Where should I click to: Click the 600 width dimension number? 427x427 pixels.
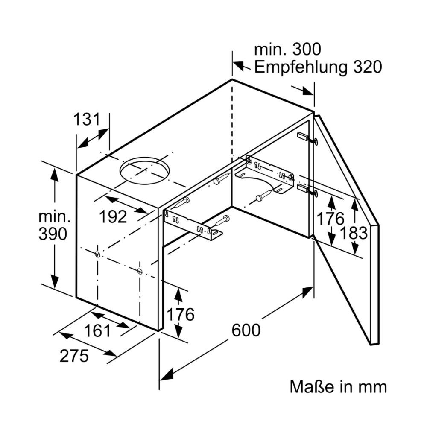[246, 330]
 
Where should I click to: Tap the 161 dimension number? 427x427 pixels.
[98, 330]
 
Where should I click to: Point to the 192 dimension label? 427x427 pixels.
[113, 217]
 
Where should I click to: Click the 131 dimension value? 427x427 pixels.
[86, 120]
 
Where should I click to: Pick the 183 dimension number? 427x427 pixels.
[354, 233]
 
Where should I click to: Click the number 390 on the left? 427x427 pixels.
[53, 234]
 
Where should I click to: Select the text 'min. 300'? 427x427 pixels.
[287, 50]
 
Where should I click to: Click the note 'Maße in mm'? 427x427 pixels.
[338, 387]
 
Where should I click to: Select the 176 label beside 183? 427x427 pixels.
[330, 219]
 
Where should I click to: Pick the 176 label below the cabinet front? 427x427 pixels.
[180, 315]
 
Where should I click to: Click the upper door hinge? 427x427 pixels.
[307, 138]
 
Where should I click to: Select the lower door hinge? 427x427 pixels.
[307, 190]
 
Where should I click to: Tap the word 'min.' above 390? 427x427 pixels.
[54, 216]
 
